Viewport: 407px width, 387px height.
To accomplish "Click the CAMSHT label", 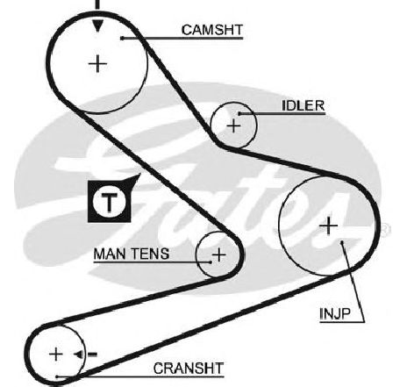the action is (212, 30).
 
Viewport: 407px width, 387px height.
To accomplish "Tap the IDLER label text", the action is (303, 105).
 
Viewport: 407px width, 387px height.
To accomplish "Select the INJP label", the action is (335, 314).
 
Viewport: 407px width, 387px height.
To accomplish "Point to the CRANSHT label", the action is (189, 369).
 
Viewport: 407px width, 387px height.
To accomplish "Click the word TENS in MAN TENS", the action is (152, 254).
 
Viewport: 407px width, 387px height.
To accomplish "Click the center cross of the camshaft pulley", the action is (97, 63).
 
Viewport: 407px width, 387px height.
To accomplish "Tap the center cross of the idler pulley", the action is (233, 126).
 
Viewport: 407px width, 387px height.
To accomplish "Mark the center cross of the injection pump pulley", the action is (329, 226).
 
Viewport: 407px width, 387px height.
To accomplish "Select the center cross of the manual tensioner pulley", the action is (218, 254).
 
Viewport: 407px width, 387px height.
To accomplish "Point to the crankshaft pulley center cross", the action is (56, 355).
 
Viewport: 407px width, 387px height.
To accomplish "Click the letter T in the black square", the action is (109, 202).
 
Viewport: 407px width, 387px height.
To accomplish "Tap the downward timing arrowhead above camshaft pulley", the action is (97, 25).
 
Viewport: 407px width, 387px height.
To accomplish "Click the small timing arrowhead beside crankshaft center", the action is (78, 355).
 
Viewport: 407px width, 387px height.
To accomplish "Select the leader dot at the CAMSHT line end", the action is (122, 39).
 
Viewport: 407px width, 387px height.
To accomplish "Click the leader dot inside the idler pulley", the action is (239, 113).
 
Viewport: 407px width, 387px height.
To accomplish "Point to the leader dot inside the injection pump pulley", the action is (342, 242).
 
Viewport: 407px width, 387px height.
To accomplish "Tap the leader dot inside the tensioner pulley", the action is (211, 262).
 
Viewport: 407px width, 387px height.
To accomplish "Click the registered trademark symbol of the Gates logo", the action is (386, 230).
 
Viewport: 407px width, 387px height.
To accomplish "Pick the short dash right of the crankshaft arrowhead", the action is (92, 355).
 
